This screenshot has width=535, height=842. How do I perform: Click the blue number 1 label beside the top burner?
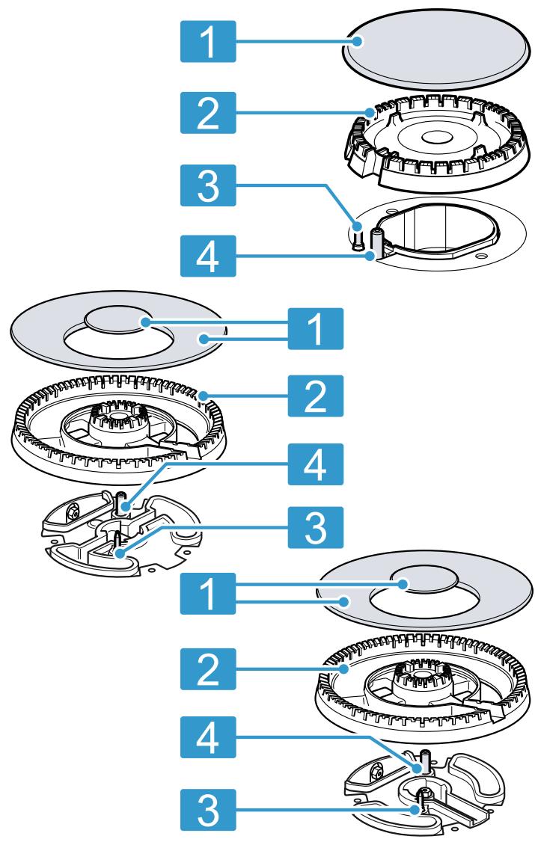pos(208,41)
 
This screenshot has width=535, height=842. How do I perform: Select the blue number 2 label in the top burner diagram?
pos(208,113)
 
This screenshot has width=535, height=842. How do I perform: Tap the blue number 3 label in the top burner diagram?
pos(208,185)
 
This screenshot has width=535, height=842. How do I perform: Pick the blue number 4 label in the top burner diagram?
pos(208,256)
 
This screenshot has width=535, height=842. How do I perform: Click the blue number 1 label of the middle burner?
pos(315,328)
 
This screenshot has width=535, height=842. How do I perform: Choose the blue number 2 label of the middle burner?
pos(315,396)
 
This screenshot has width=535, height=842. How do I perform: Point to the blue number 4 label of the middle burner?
pos(315,464)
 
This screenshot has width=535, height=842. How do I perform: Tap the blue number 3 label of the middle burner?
pos(315,527)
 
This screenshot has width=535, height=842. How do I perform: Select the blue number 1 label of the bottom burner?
pos(208,594)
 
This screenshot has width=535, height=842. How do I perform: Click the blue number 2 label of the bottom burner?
pos(208,669)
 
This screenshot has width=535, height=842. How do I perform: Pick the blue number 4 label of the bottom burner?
pos(208,737)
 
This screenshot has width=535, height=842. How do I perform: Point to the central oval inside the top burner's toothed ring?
pos(436,138)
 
